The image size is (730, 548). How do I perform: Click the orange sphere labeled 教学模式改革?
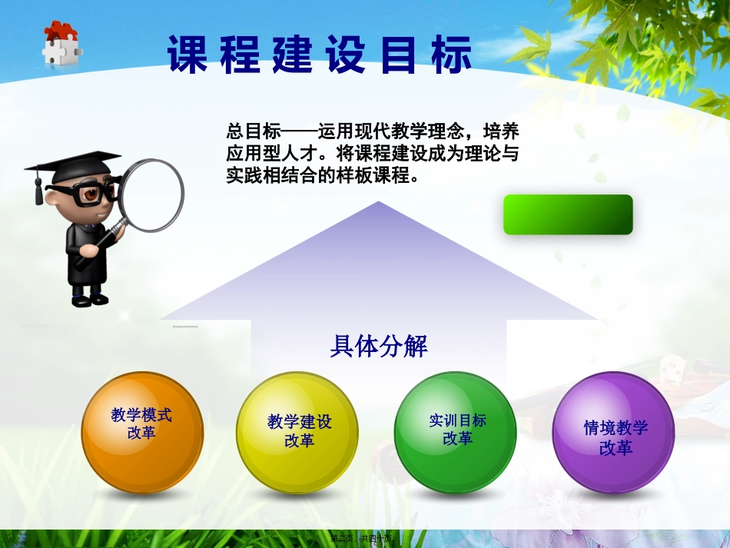pyautogui.click(x=142, y=432)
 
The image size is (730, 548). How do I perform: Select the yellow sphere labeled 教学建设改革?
pyautogui.click(x=298, y=433)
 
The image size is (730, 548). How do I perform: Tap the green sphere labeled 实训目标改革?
pyautogui.click(x=456, y=432)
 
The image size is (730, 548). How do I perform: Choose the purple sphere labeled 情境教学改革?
pyautogui.click(x=613, y=432)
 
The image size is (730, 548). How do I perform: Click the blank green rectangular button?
pyautogui.click(x=568, y=214)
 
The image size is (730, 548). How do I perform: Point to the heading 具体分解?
pyautogui.click(x=378, y=347)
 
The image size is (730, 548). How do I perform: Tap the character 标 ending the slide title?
pyautogui.click(x=451, y=57)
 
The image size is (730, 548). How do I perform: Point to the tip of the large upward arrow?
pyautogui.click(x=378, y=204)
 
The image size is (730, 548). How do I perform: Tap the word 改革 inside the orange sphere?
pyautogui.click(x=141, y=433)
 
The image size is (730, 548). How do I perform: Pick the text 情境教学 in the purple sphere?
pyautogui.click(x=616, y=428)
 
